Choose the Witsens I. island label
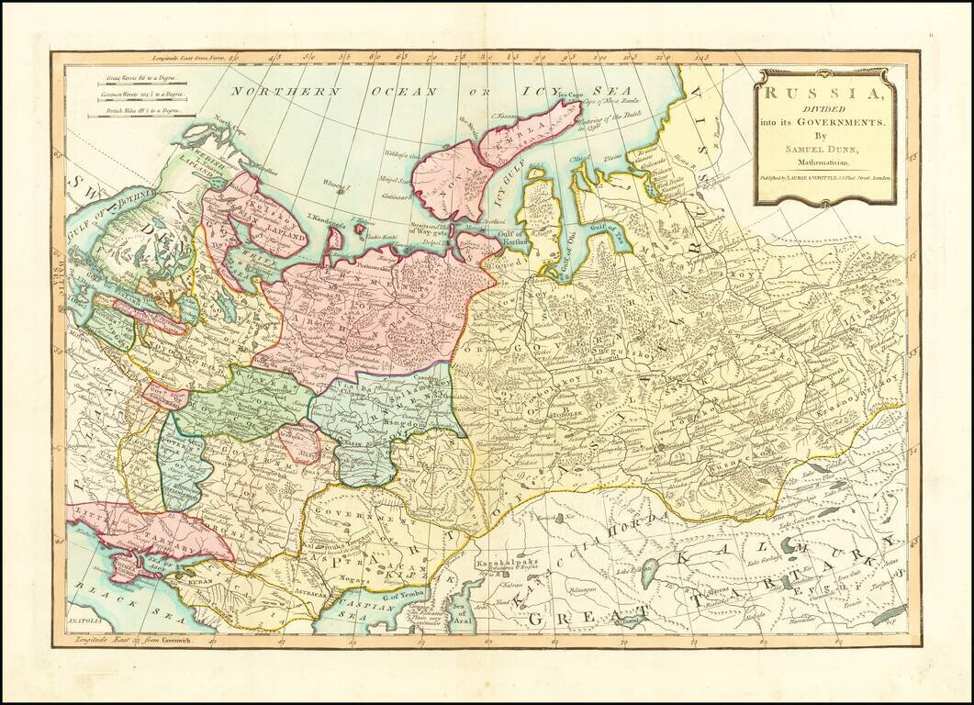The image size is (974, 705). (337, 183)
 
